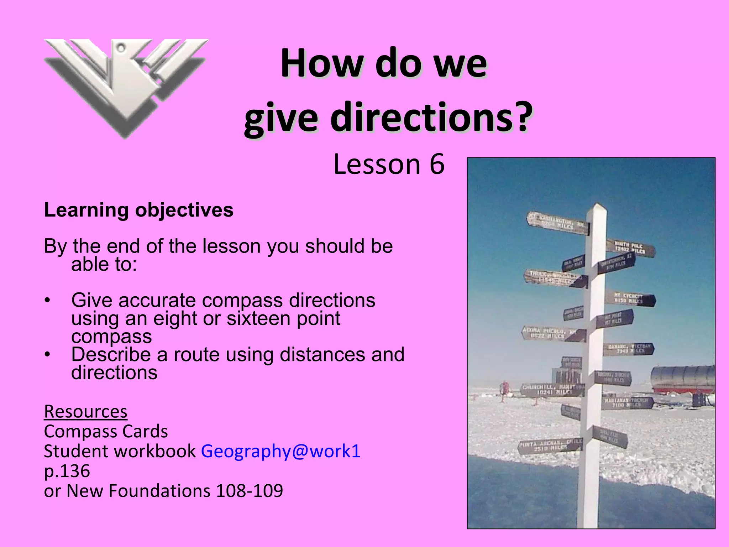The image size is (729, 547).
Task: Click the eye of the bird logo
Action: [x=121, y=47]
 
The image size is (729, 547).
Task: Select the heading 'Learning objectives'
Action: [x=138, y=210]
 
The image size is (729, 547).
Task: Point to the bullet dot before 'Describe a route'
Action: [x=48, y=355]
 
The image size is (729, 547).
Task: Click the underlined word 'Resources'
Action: [x=85, y=412]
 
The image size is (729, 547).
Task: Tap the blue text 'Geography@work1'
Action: [x=280, y=451]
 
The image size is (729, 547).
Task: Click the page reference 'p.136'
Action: [x=67, y=471]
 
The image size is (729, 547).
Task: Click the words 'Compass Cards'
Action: [x=106, y=432]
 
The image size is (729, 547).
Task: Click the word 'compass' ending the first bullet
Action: [x=111, y=337]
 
